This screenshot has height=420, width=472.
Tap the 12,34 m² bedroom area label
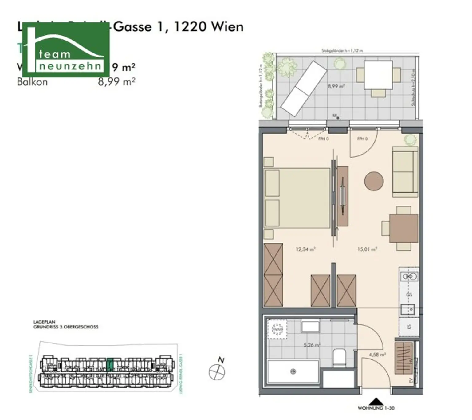305,249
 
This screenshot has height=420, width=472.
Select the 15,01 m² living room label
367,249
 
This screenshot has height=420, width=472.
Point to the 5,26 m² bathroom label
312,345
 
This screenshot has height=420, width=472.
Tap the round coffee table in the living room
374,181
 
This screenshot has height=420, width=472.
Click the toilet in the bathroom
340,358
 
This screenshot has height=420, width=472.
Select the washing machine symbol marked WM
277,329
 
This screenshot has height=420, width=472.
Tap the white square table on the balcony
378,75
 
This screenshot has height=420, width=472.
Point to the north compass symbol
217,371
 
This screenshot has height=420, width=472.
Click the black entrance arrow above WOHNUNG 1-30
376,402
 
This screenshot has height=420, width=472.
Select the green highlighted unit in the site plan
109,364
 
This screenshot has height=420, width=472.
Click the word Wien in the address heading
227,27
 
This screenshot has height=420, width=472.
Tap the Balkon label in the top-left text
32,82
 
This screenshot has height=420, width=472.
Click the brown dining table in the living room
403,228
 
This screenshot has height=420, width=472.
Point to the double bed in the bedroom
297,198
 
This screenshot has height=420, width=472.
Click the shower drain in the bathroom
293,372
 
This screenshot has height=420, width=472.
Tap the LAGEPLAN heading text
44,322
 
